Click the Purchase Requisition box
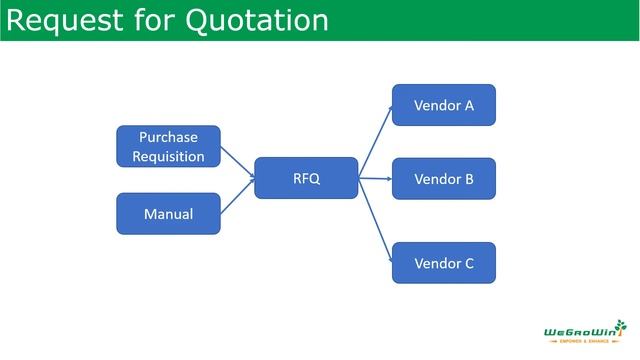(x=168, y=146)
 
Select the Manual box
(x=168, y=214)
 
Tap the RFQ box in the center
(x=306, y=179)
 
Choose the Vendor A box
(x=443, y=105)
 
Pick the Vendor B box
(x=443, y=179)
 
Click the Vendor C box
(x=443, y=264)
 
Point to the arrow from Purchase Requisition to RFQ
(x=237, y=160)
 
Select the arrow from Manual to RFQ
(x=237, y=199)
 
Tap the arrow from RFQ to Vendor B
(x=374, y=179)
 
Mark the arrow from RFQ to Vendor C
(x=374, y=220)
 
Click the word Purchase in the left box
(x=168, y=137)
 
